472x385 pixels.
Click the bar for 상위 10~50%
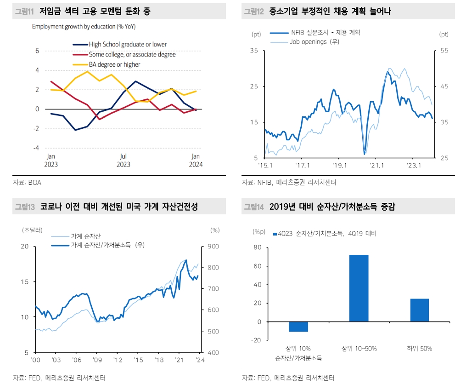pyautogui.click(x=359, y=288)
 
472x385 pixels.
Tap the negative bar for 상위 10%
pyautogui.click(x=298, y=326)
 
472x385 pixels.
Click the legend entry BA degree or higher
pyautogui.click(x=114, y=64)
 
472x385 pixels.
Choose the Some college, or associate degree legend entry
pyautogui.click(x=132, y=54)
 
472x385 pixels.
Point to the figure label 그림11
pyautogui.click(x=24, y=11)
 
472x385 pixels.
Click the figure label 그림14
pyautogui.click(x=253, y=207)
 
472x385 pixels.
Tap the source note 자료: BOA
pyautogui.click(x=27, y=183)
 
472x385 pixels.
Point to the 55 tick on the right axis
pyautogui.click(x=444, y=51)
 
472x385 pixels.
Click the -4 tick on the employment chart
pyautogui.click(x=36, y=148)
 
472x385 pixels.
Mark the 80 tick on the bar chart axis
pyautogui.click(x=257, y=247)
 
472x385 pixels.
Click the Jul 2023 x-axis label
pyautogui.click(x=123, y=160)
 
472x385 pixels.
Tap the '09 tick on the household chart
pyautogui.click(x=97, y=360)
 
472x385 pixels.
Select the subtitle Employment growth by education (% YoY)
pyautogui.click(x=84, y=26)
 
